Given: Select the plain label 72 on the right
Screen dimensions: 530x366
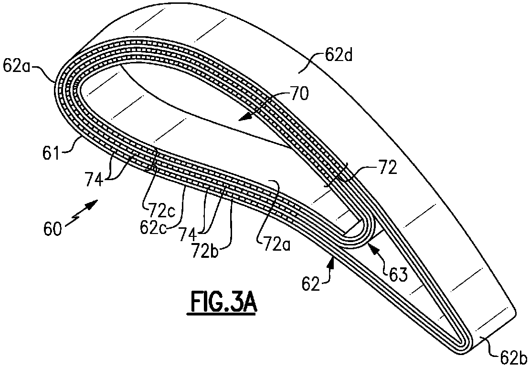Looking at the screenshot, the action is [x=387, y=169].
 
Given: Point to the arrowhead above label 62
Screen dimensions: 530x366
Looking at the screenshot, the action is [x=331, y=262].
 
